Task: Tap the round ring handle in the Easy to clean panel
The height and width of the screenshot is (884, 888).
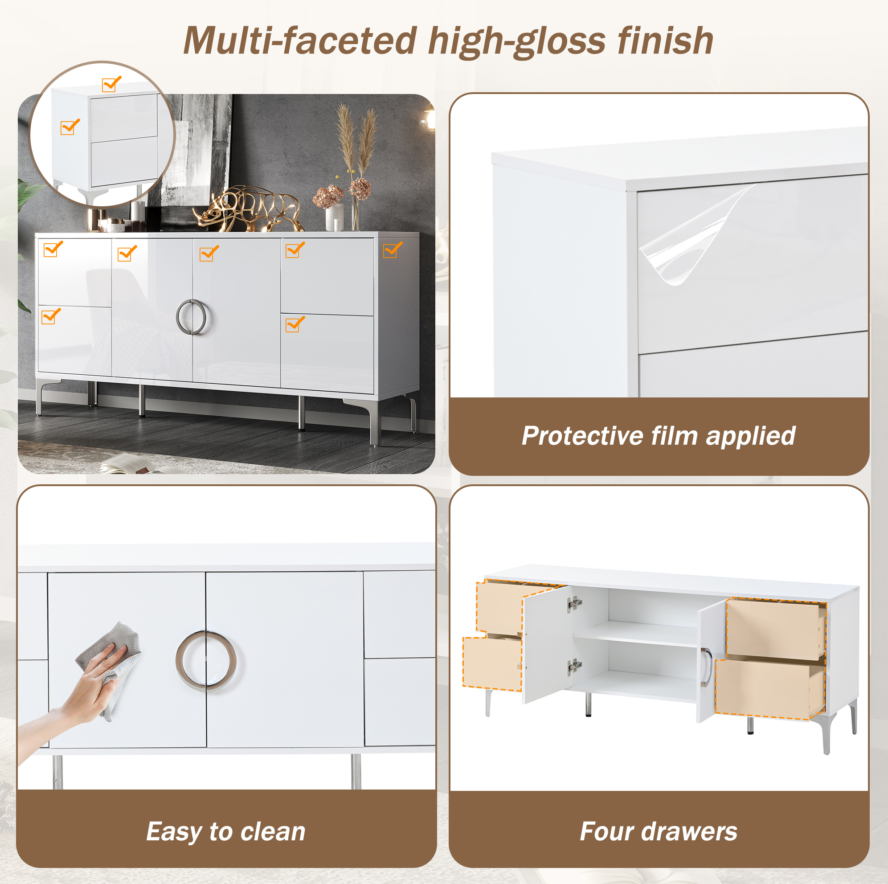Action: (x=206, y=661)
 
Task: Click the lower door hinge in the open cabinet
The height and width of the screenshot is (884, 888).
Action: (x=574, y=666)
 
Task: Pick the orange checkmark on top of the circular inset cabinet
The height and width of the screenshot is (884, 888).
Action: (x=112, y=84)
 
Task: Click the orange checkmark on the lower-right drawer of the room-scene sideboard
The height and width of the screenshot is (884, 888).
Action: (x=295, y=324)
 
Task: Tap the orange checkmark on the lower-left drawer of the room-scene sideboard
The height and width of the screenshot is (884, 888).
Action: (x=51, y=316)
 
